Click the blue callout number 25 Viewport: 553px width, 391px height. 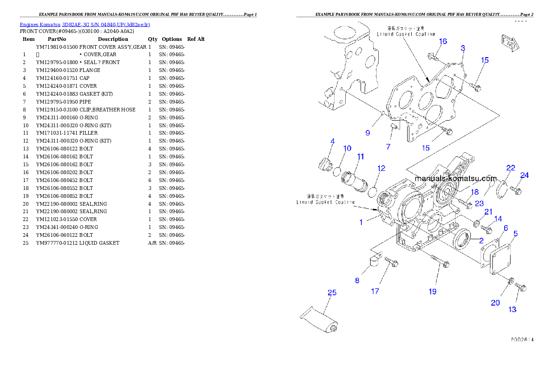[x=332, y=293]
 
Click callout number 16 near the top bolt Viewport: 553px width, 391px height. [x=443, y=41]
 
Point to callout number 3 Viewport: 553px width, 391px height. [x=463, y=48]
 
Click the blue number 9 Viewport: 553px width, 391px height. [x=368, y=133]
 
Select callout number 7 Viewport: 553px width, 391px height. [x=388, y=147]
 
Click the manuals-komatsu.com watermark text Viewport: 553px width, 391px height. [x=455, y=178]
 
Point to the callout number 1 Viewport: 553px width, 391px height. [x=361, y=222]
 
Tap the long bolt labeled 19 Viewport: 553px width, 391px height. [x=434, y=261]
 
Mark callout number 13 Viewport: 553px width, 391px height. [x=513, y=309]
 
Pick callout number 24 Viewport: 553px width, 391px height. [x=524, y=175]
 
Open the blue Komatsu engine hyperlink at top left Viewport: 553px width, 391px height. [x=85, y=25]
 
